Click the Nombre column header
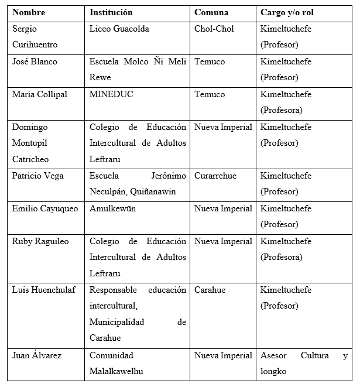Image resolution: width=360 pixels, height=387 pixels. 29,12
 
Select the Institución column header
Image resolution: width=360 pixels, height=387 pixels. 111,12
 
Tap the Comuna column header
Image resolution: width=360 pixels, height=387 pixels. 211,12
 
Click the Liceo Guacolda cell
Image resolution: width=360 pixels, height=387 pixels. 119,29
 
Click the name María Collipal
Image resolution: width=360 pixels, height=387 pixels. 39,94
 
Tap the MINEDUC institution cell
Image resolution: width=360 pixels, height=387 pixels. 111,94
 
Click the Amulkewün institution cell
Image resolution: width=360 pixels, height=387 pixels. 112,208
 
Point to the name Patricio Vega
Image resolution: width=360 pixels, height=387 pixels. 37,176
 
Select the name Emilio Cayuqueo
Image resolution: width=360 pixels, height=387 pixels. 45,208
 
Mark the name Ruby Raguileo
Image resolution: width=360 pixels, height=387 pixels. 40,241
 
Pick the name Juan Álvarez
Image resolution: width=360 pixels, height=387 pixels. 37,355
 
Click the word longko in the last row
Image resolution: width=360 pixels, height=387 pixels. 273,371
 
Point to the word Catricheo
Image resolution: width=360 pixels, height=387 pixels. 32,159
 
